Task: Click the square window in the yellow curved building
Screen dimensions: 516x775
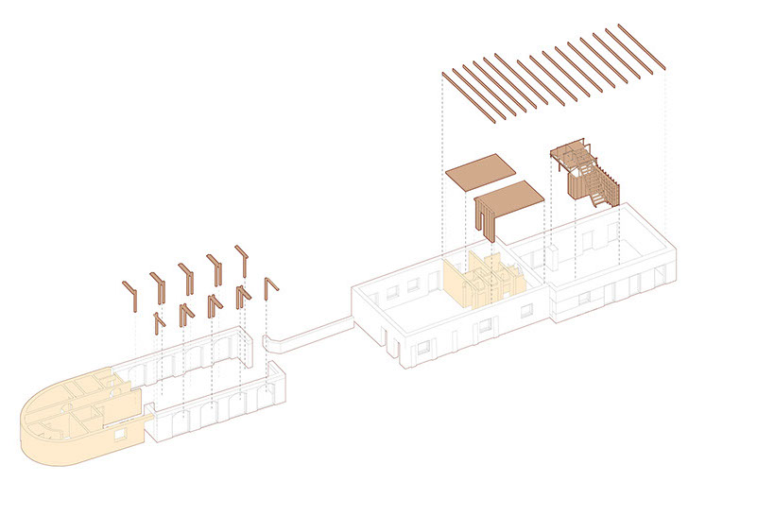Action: click(x=120, y=434)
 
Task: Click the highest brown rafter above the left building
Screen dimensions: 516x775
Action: click(x=242, y=260)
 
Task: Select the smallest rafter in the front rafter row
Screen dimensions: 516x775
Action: click(x=159, y=321)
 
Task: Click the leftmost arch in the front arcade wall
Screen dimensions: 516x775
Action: click(x=174, y=417)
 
